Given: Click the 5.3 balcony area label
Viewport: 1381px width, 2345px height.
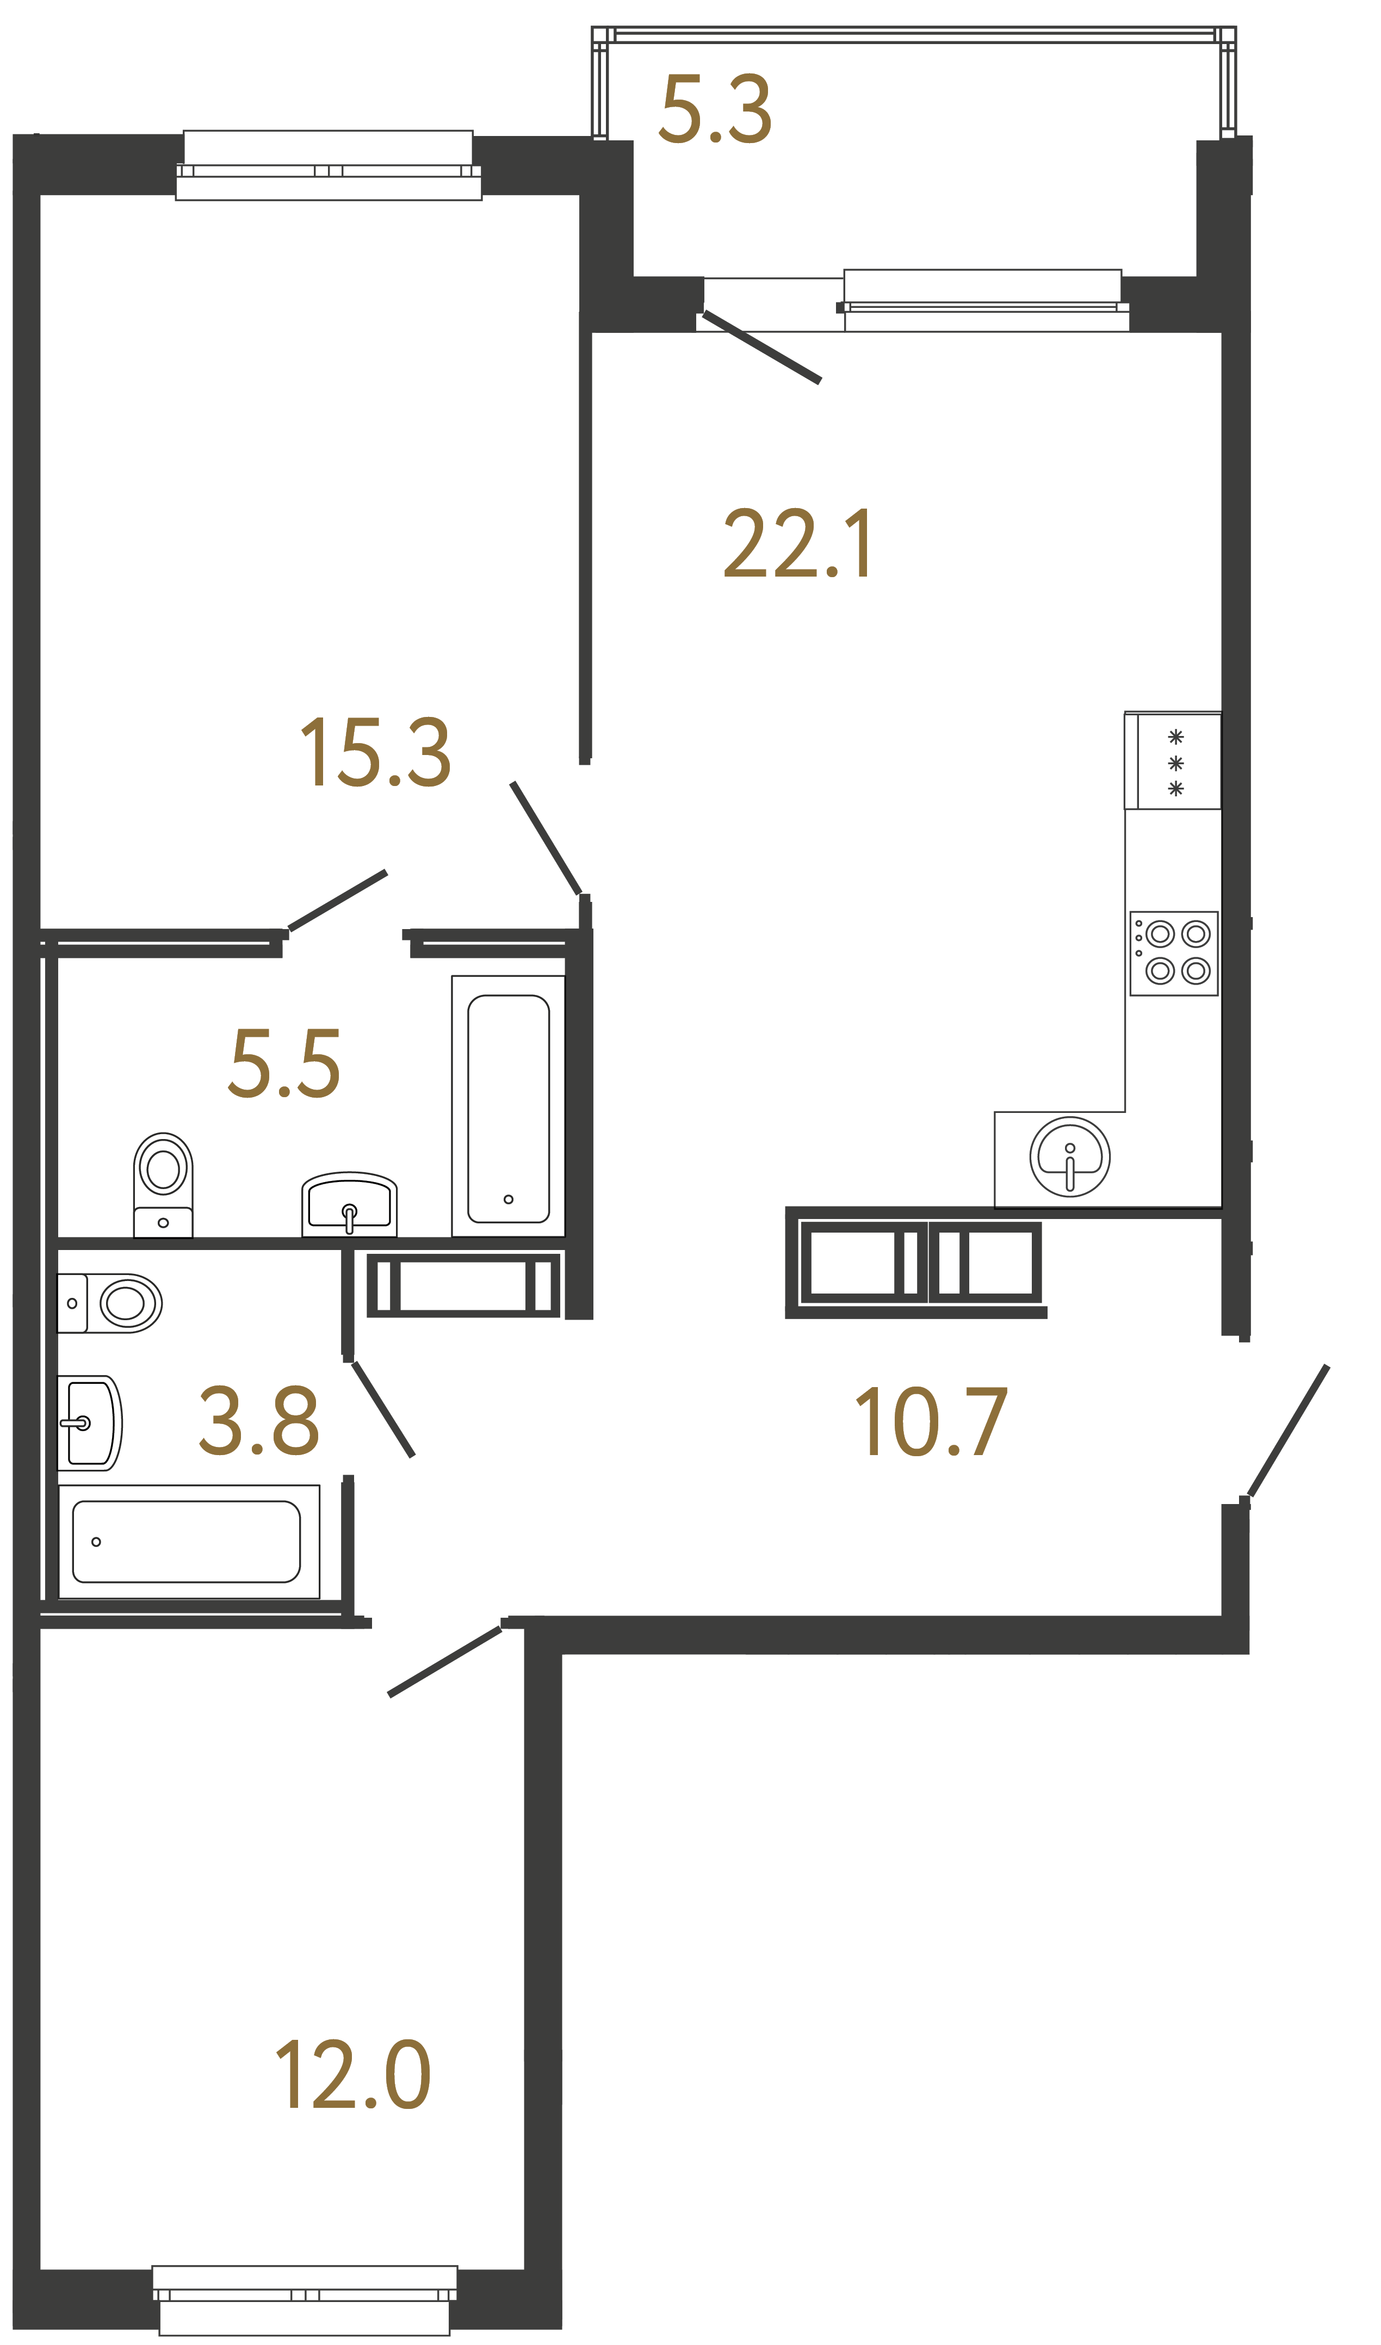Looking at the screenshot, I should pos(715,110).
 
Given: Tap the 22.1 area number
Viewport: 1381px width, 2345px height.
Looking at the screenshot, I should pos(798,545).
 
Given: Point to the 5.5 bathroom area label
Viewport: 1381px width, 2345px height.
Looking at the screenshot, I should pos(285,1063).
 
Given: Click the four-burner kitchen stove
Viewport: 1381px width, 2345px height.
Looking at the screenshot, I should pos(1174,953).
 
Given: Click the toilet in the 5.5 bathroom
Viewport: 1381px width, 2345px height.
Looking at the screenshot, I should pos(163,1184).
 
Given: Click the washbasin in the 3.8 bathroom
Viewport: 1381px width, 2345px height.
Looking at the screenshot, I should pos(89,1423).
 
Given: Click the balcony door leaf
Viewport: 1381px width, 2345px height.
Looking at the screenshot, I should pos(761,347).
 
